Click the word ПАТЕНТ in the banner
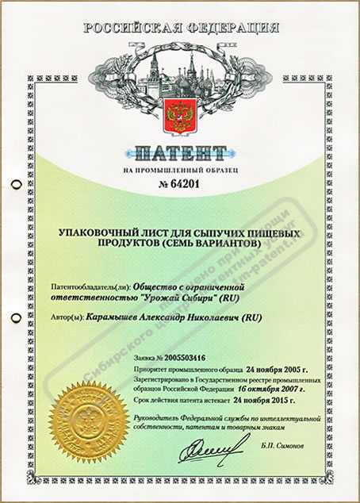click(x=181, y=152)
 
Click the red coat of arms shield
click(x=178, y=115)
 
